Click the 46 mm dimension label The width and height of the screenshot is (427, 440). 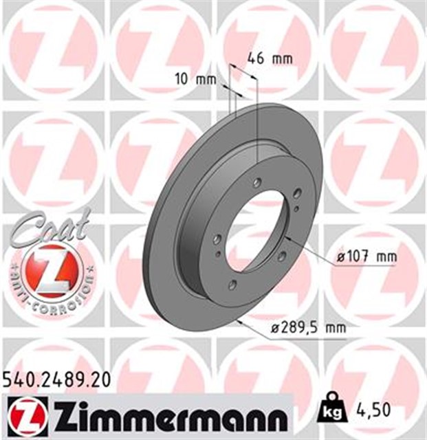[x=270, y=58]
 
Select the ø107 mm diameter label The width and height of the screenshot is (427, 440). [x=368, y=257]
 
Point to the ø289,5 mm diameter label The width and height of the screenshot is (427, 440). [x=308, y=328]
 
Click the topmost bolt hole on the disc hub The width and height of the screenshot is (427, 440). [x=257, y=183]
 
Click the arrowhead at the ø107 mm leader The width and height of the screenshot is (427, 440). [x=287, y=237]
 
